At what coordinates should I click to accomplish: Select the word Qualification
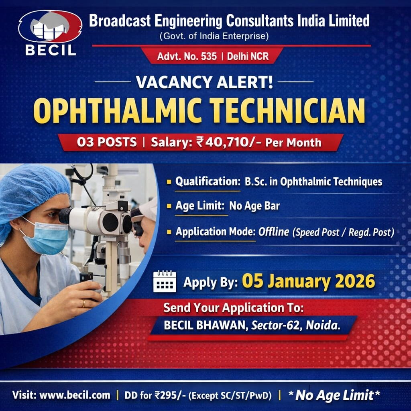click(207, 181)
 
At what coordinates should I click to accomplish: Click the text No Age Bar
click(254, 206)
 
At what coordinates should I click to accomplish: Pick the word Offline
click(273, 232)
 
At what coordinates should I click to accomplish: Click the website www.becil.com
click(75, 395)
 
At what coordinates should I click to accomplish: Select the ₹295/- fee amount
click(169, 395)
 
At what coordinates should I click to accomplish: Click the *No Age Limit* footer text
click(334, 395)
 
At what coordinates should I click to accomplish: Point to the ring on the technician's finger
click(83, 304)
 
